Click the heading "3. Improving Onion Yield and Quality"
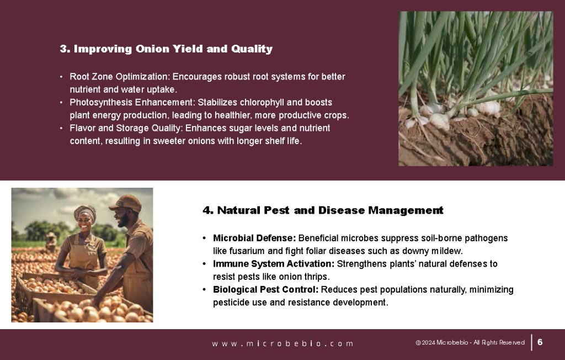pyautogui.click(x=166, y=49)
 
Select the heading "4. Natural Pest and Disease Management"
pyautogui.click(x=323, y=210)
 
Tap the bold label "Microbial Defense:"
pyautogui.click(x=254, y=238)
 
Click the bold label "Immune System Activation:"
pyautogui.click(x=274, y=264)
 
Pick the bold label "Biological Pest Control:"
pyautogui.click(x=265, y=290)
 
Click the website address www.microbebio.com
pyautogui.click(x=282, y=343)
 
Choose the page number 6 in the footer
pyautogui.click(x=540, y=342)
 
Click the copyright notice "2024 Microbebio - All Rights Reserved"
pyautogui.click(x=473, y=343)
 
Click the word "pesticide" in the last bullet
pyautogui.click(x=232, y=303)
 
